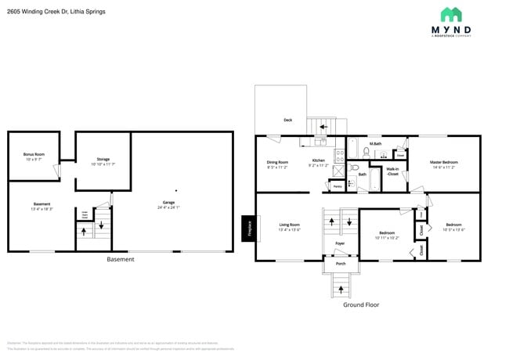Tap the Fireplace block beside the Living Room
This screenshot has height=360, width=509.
[247, 228]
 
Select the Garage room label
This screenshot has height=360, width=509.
[168, 203]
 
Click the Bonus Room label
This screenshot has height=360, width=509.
[34, 154]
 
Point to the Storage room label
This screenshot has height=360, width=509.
[103, 160]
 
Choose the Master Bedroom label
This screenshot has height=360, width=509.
[442, 163]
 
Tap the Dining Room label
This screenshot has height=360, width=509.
[278, 162]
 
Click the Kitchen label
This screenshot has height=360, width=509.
[318, 160]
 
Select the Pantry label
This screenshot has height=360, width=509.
[337, 186]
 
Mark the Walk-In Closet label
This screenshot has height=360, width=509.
[393, 171]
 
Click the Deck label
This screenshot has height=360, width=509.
[287, 120]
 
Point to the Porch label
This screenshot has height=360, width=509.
[341, 264]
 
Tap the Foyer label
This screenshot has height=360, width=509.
[340, 243]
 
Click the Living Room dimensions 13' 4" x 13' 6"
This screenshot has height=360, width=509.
[290, 229]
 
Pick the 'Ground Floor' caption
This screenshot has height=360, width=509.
[362, 304]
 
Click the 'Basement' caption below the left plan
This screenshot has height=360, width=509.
[120, 259]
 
